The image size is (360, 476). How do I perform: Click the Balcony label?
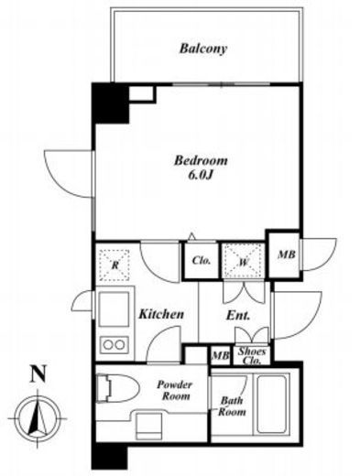(x=203, y=49)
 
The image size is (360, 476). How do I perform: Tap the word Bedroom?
(x=201, y=160)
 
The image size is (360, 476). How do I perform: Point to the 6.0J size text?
(x=200, y=175)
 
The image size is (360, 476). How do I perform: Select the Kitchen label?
(x=161, y=314)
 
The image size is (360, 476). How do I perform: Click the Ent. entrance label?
(x=238, y=316)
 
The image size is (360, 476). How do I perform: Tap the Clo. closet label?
(x=202, y=261)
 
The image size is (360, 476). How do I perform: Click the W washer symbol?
(x=243, y=262)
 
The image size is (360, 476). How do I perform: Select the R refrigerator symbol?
(x=115, y=265)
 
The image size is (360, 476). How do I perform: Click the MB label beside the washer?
(x=286, y=254)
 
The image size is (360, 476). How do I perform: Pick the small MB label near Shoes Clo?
(x=221, y=355)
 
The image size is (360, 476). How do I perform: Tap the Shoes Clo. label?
(x=252, y=356)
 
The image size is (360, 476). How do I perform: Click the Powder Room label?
(x=175, y=390)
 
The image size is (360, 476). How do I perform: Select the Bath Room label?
(x=232, y=406)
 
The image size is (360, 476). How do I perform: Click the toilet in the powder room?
(x=116, y=388)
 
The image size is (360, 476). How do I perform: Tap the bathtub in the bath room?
(x=273, y=404)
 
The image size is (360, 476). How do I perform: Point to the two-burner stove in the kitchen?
(x=114, y=345)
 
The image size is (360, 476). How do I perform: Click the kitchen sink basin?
(x=114, y=309)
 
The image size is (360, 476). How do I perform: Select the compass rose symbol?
(x=38, y=418)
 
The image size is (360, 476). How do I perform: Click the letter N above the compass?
(x=38, y=373)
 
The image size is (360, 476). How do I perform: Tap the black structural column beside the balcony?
(x=111, y=103)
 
